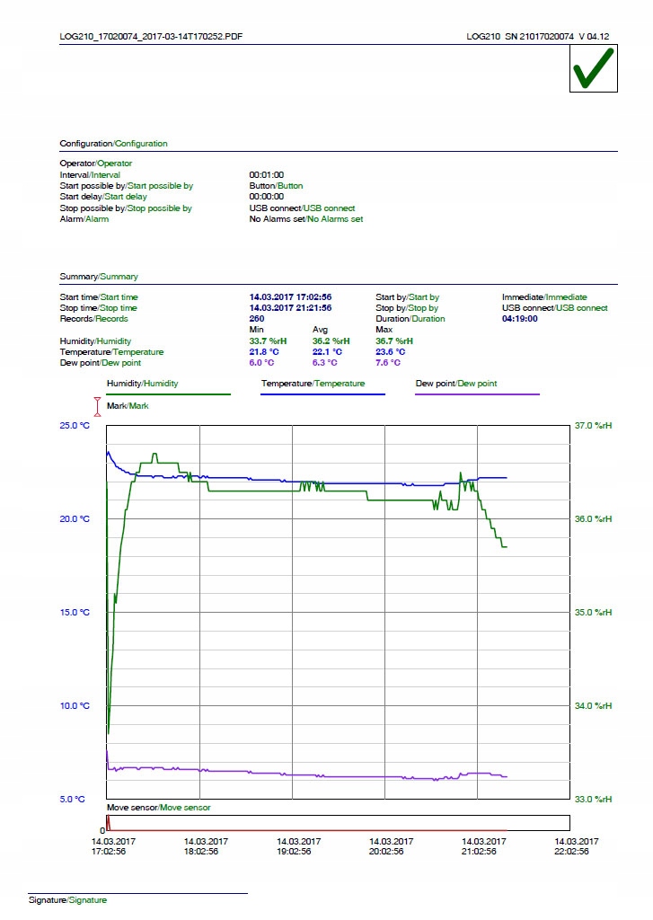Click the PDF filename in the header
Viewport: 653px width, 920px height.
tap(151, 37)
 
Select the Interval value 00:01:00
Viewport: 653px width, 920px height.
tap(266, 175)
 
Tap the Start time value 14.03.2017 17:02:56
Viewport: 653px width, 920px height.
tap(290, 297)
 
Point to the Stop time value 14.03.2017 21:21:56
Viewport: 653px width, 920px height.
tap(290, 308)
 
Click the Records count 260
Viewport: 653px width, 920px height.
tap(257, 319)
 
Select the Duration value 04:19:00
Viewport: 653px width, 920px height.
tap(520, 319)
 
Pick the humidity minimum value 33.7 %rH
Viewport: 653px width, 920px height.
tap(268, 341)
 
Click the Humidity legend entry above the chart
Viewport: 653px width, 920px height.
tap(142, 384)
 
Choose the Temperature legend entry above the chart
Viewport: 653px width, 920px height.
tap(313, 384)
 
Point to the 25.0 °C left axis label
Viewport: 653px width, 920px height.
tap(75, 426)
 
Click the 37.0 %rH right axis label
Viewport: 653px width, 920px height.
tap(593, 426)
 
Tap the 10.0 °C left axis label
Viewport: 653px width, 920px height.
tap(75, 706)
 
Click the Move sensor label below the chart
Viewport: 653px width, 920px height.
tap(158, 808)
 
